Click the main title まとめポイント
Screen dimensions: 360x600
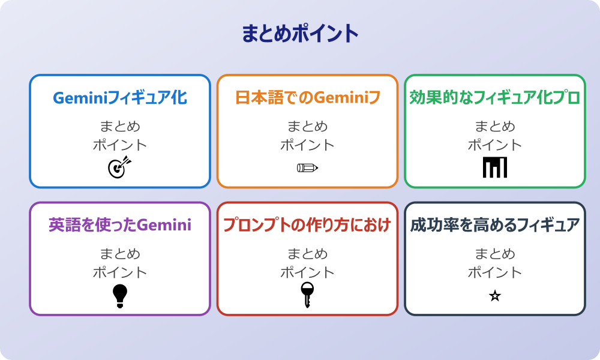300,34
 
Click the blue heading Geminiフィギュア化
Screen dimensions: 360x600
120,98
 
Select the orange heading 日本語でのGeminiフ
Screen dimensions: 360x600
307,98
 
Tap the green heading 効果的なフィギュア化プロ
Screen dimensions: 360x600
495,98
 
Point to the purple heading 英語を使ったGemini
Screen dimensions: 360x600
120,225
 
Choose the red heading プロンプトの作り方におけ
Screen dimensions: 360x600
307,225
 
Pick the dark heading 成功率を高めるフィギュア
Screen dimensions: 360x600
495,225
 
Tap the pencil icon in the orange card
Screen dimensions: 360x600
307,168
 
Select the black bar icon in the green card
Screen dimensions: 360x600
495,167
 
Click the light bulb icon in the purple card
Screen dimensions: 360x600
120,295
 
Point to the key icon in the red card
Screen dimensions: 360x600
307,295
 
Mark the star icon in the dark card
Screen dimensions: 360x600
495,296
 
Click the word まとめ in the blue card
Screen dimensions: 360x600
120,127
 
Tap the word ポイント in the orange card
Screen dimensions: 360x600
307,145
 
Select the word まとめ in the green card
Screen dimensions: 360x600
495,127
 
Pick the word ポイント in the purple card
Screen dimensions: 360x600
120,272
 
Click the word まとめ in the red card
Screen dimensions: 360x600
307,254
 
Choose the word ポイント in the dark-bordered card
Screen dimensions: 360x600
495,272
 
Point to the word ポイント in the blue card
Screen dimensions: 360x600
120,145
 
